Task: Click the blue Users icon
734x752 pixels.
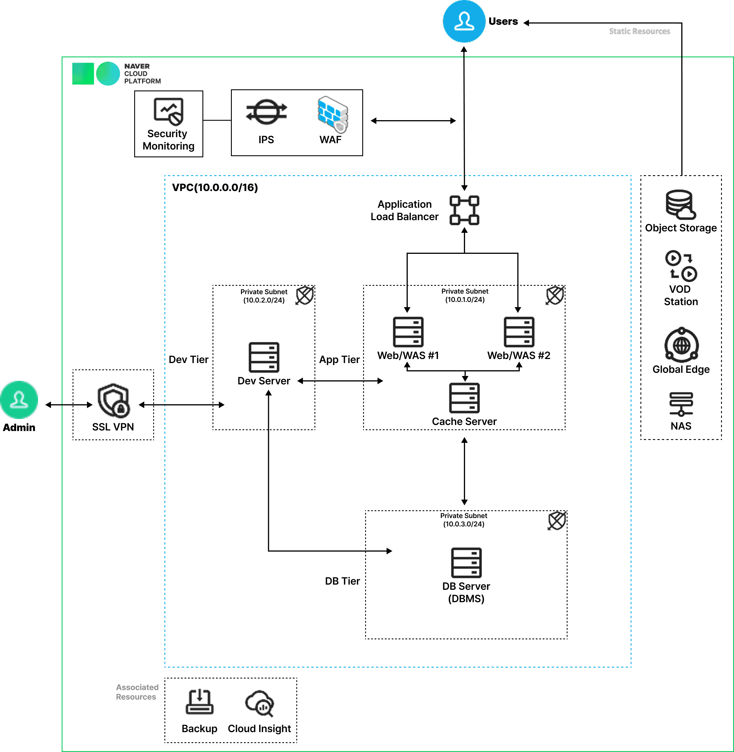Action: click(464, 21)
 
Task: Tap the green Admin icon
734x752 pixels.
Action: click(19, 400)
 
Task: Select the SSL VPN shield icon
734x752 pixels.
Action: click(113, 400)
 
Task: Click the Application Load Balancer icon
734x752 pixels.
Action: click(464, 210)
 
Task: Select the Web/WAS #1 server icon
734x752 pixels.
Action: click(408, 332)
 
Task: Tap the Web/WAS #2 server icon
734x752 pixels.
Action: click(519, 332)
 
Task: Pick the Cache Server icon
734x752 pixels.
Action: click(464, 398)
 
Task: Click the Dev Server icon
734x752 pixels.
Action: click(264, 357)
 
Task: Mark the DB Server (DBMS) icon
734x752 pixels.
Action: click(466, 563)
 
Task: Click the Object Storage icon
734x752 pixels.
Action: click(680, 204)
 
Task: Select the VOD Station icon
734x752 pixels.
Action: click(681, 266)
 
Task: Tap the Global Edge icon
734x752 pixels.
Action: click(681, 345)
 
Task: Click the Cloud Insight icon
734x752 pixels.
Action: click(259, 703)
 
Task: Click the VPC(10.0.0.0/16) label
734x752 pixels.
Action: click(215, 187)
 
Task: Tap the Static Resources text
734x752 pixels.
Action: click(639, 31)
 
